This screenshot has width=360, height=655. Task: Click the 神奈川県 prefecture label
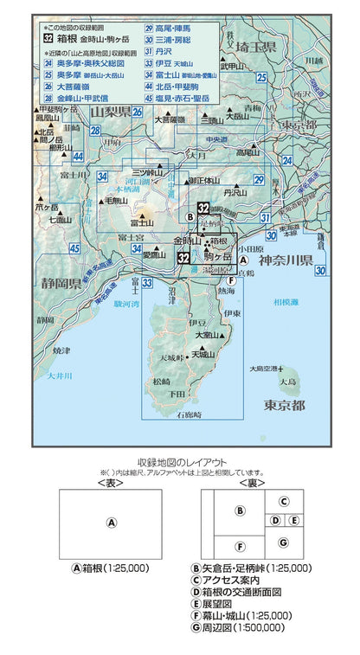point(289,260)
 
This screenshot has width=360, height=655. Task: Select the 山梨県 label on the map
point(110,112)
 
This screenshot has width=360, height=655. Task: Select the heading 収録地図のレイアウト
point(179,462)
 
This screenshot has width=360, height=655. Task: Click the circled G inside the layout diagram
point(282,542)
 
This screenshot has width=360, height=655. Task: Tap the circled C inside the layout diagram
point(282,501)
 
